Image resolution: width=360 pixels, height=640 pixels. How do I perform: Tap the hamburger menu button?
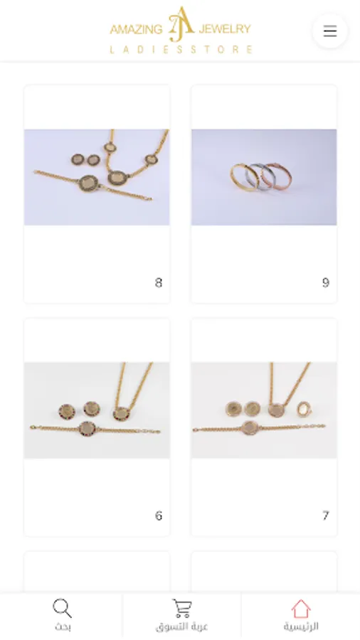[x=330, y=31]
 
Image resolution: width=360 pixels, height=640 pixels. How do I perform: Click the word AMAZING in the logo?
[x=136, y=29]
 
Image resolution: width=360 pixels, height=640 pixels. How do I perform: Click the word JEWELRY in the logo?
[x=225, y=29]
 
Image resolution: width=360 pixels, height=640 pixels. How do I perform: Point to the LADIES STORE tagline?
[x=181, y=49]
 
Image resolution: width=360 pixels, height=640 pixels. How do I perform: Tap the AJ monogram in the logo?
[x=181, y=24]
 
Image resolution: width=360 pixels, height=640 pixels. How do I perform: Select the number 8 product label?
[x=159, y=282]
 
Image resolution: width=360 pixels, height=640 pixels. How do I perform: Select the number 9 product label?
[x=325, y=282]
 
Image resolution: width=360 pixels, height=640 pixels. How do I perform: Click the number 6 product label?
[x=159, y=516]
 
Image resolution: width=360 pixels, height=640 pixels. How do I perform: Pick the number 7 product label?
[x=325, y=516]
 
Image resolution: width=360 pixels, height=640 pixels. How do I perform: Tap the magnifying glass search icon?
[x=62, y=608]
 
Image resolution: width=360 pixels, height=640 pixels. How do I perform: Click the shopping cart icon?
[x=181, y=608]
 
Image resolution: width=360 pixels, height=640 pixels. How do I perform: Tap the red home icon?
[x=301, y=609]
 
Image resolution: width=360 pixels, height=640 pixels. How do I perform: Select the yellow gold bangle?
[x=243, y=177]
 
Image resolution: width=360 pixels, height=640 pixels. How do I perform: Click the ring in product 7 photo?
[x=303, y=408]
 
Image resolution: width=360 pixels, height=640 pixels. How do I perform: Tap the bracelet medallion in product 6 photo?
[x=88, y=428]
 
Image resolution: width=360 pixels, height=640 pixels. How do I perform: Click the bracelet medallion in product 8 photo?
[x=88, y=183]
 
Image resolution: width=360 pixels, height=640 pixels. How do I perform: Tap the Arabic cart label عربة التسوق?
[x=181, y=626]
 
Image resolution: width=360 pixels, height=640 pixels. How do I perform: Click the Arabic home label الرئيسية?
[x=301, y=626]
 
